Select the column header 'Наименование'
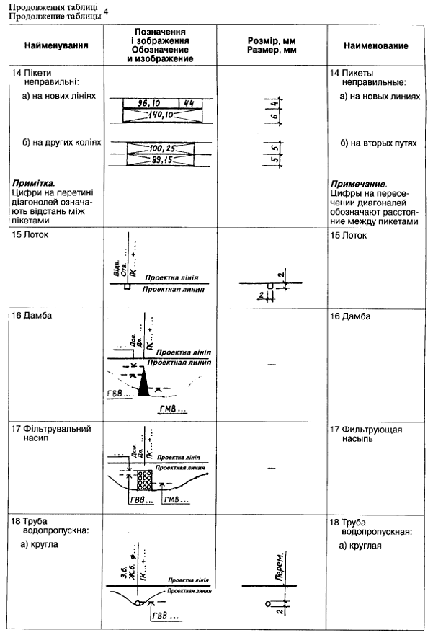tap(376, 45)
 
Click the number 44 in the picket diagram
tap(188, 103)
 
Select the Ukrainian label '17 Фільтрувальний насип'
tap(50, 435)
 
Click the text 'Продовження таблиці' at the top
tap(48, 6)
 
